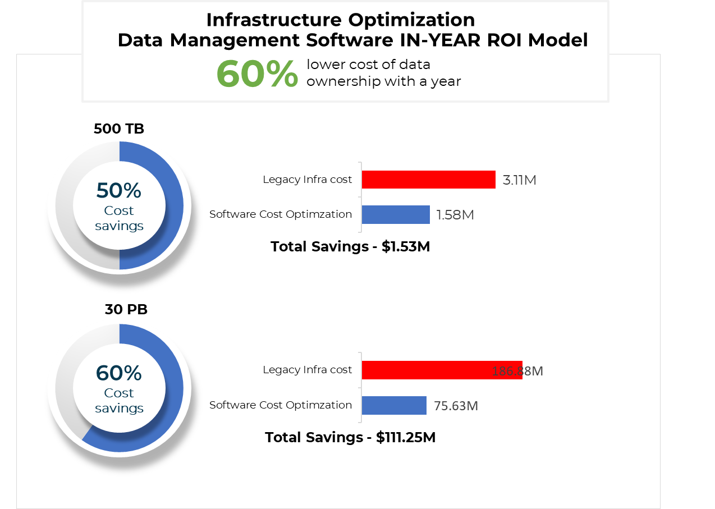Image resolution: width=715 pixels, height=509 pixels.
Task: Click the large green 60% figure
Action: [257, 75]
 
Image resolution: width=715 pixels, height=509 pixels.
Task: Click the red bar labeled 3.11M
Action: [428, 180]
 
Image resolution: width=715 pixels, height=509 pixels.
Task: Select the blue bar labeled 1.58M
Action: [396, 214]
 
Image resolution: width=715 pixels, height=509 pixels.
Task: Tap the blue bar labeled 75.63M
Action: [394, 405]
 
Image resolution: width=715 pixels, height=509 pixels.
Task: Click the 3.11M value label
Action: [520, 181]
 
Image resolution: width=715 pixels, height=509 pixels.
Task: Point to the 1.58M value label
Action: [455, 215]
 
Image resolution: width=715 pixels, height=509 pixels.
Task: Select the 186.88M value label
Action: [517, 372]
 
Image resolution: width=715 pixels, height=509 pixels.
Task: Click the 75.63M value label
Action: [456, 406]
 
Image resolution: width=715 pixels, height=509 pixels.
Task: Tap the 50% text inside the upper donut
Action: [119, 191]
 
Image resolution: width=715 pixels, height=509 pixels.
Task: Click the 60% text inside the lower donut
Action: [119, 373]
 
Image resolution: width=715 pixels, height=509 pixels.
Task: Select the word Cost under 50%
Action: [119, 211]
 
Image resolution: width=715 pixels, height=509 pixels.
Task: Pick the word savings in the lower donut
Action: [119, 408]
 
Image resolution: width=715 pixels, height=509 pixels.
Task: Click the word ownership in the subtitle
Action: [343, 82]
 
